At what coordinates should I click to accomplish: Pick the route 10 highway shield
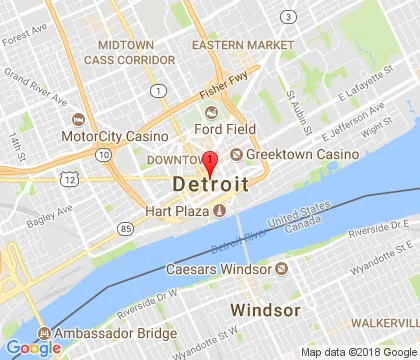[103, 154]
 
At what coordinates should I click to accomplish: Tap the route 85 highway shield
[124, 229]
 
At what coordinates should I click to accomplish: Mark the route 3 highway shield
[288, 17]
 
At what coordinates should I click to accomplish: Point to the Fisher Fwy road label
[222, 89]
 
